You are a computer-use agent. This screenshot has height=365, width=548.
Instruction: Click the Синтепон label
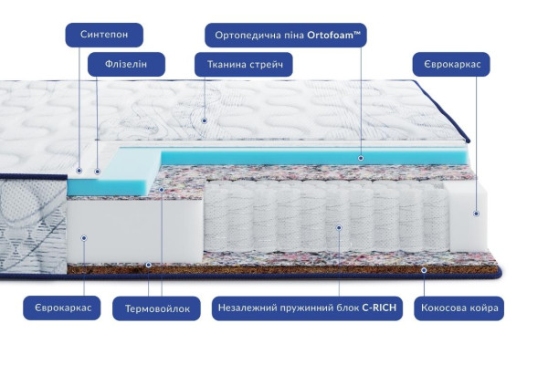[x=104, y=35]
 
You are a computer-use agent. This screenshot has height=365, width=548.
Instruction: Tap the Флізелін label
[x=126, y=64]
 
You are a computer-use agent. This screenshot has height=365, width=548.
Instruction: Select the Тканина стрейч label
[x=244, y=64]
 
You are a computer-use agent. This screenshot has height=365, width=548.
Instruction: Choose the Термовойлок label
[x=156, y=308]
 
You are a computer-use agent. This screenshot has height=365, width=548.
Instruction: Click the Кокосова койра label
[x=458, y=308]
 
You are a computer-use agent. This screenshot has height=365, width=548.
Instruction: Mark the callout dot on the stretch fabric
[x=205, y=120]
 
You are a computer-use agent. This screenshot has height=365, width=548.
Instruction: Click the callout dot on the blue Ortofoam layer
[x=361, y=158]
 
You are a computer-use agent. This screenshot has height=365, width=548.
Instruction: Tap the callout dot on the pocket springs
[x=339, y=228]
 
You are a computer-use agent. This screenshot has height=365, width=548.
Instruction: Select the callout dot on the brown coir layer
[x=424, y=270]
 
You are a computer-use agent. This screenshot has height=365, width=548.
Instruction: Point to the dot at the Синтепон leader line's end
[x=79, y=171]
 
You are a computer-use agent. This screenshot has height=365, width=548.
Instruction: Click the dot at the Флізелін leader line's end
[x=98, y=172]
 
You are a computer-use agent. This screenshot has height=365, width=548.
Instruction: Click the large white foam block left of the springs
[x=134, y=231]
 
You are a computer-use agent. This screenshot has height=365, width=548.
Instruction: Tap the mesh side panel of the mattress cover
[x=33, y=225]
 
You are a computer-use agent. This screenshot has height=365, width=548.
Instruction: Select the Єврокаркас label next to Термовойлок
[x=62, y=308]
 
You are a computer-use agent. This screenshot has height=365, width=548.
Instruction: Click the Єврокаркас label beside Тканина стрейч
[x=451, y=64]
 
